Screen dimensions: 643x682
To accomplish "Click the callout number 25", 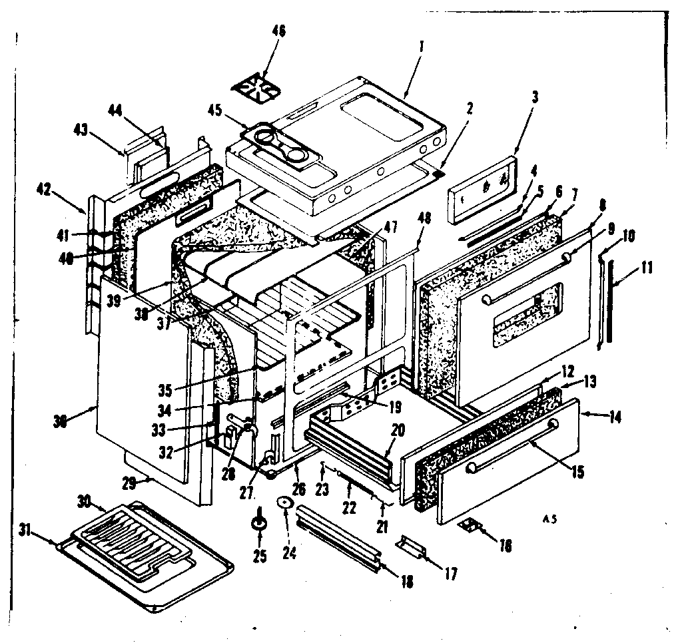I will coord(259,556).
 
